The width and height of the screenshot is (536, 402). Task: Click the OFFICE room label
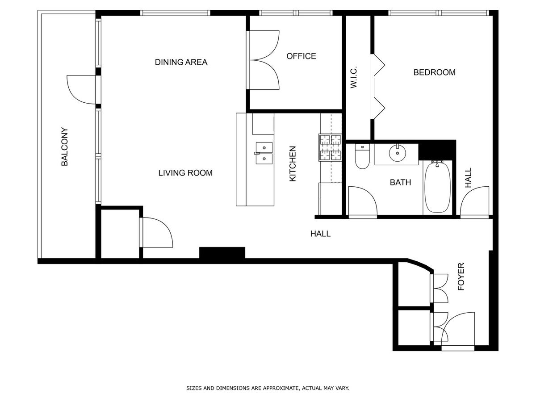tap(301, 56)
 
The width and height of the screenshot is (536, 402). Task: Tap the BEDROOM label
tap(434, 72)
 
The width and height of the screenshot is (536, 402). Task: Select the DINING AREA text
tap(181, 62)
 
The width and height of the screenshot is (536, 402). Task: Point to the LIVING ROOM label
tap(185, 173)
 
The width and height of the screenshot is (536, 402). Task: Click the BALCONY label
tap(64, 147)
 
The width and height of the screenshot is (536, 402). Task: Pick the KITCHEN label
tap(293, 164)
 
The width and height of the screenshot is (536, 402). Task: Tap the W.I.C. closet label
tap(354, 77)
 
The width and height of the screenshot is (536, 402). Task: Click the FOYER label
tap(461, 276)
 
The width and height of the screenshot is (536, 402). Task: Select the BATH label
tap(400, 182)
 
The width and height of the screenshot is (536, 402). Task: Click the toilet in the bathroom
tap(362, 156)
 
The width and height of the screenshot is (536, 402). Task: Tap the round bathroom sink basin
tap(397, 153)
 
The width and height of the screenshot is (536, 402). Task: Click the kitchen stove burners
tap(330, 147)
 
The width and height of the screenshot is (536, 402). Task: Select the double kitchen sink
tap(264, 153)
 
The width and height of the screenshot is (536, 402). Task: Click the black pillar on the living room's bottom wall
tap(222, 253)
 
